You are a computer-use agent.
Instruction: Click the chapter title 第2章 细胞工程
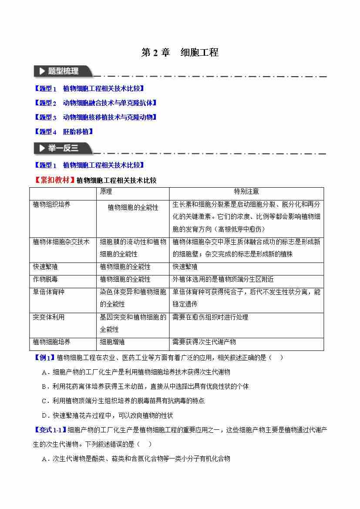(180, 53)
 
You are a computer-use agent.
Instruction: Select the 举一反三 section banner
(62, 148)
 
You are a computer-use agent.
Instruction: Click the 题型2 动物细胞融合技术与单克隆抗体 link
(95, 103)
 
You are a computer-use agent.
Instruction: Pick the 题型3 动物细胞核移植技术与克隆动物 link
(95, 117)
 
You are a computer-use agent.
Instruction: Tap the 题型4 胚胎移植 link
(63, 131)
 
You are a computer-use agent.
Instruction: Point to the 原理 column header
(106, 192)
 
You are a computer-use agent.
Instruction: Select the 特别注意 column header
(246, 192)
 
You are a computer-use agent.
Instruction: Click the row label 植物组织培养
(51, 204)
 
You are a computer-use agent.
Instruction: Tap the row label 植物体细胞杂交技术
(61, 242)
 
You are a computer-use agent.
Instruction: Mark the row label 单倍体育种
(48, 292)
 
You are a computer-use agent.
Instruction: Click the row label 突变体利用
(48, 317)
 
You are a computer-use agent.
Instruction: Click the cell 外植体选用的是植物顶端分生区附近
(223, 279)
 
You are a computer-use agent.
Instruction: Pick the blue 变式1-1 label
(50, 430)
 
